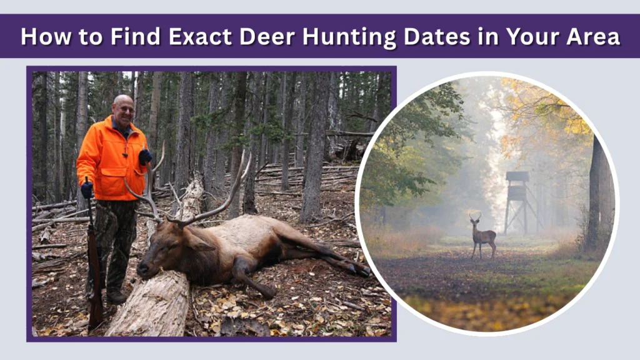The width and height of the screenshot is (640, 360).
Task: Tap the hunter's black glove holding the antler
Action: click(145, 157)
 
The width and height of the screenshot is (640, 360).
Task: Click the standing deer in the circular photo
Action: click(482, 236)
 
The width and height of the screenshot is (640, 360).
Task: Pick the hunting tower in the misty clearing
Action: click(517, 200)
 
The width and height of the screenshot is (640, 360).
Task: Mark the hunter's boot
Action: click(117, 297)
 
